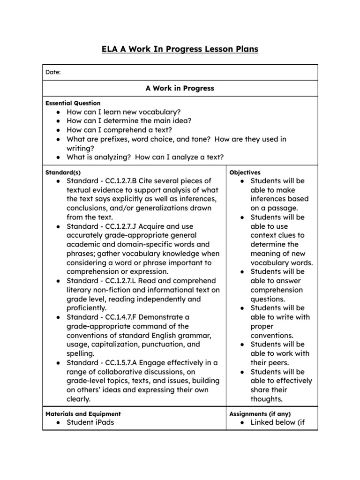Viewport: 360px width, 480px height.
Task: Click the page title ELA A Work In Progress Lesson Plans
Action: (x=180, y=49)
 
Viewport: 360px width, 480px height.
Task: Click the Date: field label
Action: (x=53, y=72)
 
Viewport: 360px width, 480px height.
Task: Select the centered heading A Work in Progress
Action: (x=180, y=88)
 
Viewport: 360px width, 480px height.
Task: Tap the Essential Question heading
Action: (x=73, y=103)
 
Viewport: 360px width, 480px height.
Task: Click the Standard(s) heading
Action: (x=63, y=172)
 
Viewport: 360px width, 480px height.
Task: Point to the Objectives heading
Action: (x=245, y=172)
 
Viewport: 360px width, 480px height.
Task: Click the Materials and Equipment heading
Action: (x=83, y=414)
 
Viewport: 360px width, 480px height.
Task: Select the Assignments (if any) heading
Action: (x=260, y=414)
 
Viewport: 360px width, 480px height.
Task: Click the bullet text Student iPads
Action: (x=90, y=422)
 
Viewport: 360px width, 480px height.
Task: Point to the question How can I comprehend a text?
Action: (x=120, y=130)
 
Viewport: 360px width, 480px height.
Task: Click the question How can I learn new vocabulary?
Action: (x=124, y=112)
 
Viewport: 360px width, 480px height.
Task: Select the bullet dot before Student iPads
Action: (x=57, y=423)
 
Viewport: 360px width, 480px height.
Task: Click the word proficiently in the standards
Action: (x=87, y=308)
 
